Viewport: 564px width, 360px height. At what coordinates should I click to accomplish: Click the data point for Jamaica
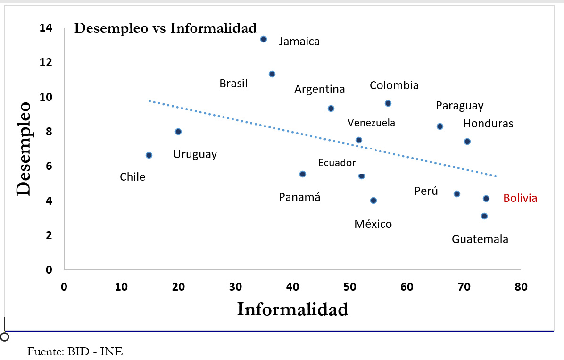(264, 39)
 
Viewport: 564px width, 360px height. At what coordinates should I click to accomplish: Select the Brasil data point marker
(272, 74)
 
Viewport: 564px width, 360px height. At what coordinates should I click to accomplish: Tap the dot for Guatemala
(484, 216)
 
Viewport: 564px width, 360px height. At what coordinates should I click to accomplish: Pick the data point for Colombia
(388, 103)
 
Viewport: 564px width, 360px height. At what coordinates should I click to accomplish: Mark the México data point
(373, 201)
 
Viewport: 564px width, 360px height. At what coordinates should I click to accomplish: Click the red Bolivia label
(520, 198)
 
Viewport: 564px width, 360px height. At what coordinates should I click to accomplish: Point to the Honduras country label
(488, 124)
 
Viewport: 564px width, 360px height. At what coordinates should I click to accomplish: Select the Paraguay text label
(459, 106)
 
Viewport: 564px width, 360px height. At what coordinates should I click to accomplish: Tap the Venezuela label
(371, 123)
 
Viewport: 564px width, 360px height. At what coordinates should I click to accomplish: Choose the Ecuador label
(337, 163)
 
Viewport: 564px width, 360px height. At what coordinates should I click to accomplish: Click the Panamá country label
(299, 197)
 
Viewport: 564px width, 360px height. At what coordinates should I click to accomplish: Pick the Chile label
(133, 177)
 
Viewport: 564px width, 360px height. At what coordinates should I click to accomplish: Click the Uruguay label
(195, 154)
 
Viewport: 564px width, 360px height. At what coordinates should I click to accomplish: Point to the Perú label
(426, 191)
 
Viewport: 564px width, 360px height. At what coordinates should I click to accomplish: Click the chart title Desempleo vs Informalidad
(166, 28)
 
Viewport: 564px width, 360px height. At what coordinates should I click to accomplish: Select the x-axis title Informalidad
(292, 310)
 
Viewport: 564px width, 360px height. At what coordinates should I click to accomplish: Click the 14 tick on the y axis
(46, 28)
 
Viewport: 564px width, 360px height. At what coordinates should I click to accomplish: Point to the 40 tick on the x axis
(293, 286)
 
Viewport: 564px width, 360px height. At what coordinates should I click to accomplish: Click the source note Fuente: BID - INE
(75, 352)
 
